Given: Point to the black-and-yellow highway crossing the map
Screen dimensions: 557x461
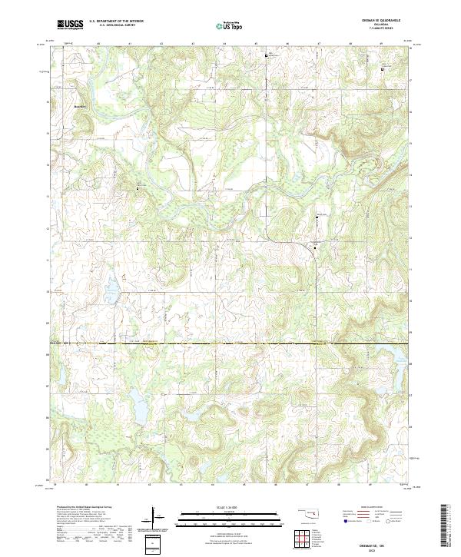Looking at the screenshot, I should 230,342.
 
